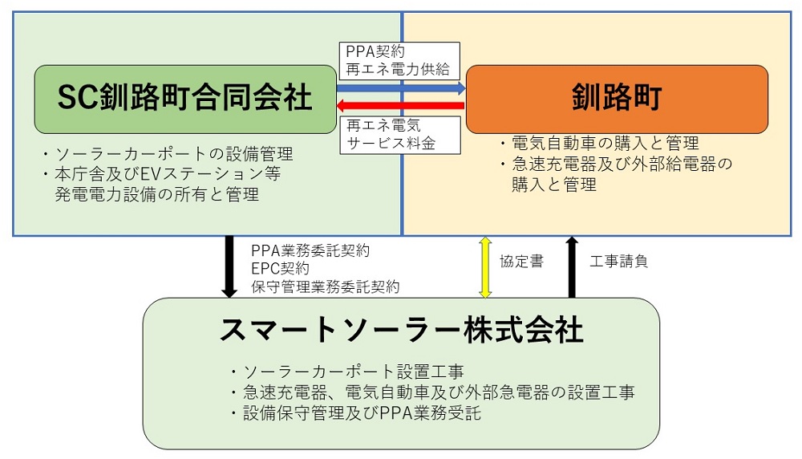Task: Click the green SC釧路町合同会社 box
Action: (x=184, y=99)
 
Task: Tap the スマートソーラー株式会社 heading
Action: (x=401, y=330)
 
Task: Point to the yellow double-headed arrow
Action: (x=484, y=266)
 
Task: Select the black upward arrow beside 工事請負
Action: (x=571, y=266)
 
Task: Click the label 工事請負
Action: (x=618, y=262)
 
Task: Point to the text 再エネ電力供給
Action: (x=398, y=69)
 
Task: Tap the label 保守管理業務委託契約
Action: (x=325, y=286)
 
